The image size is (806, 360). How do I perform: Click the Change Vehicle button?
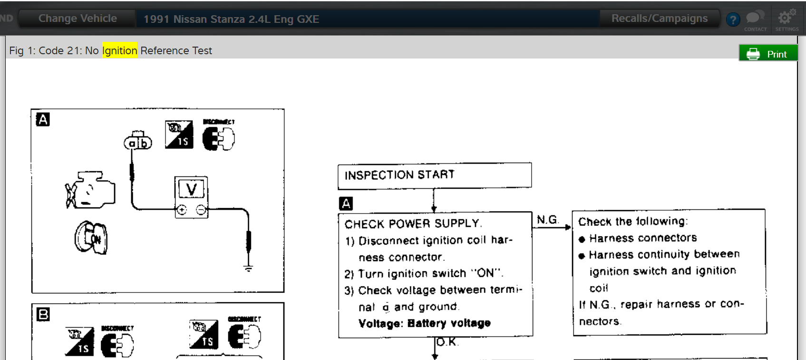78,19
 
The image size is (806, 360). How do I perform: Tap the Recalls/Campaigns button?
659,19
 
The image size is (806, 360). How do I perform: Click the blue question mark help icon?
733,19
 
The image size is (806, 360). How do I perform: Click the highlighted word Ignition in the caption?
120,50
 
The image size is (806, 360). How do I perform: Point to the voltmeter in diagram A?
191,197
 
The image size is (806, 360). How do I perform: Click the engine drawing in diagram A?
90,190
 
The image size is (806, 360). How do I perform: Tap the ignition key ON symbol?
91,237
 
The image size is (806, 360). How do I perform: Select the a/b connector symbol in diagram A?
138,141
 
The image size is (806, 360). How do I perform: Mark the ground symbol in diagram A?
248,268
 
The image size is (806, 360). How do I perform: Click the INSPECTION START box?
434,175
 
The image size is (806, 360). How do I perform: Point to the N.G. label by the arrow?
547,220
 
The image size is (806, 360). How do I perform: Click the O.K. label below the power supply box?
447,342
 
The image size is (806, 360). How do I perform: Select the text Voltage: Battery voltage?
424,323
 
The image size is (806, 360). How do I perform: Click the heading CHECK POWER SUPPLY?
413,224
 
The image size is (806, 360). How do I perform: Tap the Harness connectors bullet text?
642,238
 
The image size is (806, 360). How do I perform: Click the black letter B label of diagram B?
43,314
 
